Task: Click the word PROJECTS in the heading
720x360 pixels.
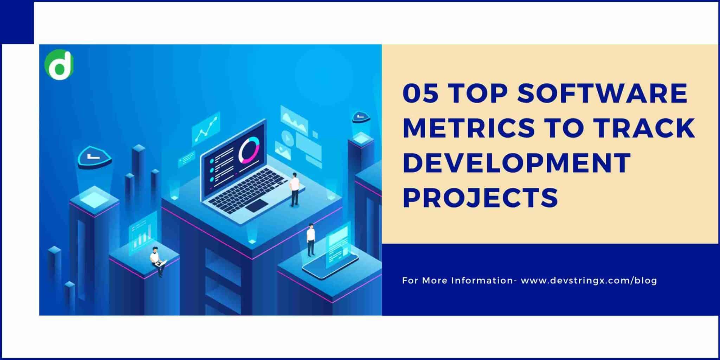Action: tap(480, 197)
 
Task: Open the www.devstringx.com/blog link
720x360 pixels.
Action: tap(589, 281)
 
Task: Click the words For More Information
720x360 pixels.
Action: tap(457, 281)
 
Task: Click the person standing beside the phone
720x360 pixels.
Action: tap(310, 239)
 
